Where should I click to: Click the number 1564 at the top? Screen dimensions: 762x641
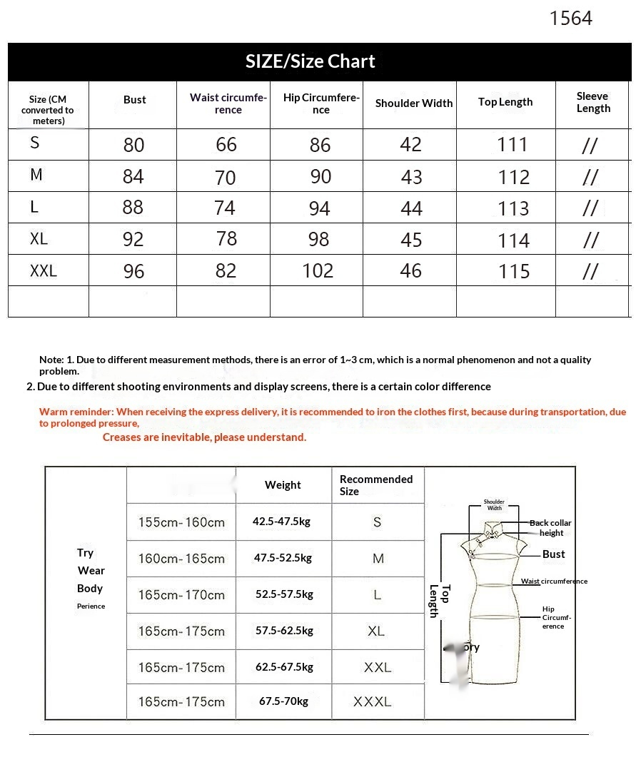570,19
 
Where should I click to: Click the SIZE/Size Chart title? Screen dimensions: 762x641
310,61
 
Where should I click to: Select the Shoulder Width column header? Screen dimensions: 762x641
413,103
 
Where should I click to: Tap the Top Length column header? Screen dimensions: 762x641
505,102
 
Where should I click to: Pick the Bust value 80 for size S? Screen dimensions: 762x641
133,145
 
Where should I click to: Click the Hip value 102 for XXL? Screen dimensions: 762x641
318,270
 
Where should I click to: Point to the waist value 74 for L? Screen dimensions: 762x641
225,208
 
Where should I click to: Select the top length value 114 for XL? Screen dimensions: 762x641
514,240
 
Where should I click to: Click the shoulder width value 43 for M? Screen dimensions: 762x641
411,177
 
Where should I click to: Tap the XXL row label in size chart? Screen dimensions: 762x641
44,271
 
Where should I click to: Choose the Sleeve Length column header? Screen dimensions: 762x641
592,102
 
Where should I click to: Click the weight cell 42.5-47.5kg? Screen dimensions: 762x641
281,522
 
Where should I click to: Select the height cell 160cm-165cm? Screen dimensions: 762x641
181,559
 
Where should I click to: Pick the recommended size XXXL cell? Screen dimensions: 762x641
373,702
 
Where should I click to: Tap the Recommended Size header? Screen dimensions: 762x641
375,485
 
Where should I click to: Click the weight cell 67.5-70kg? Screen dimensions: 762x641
283,701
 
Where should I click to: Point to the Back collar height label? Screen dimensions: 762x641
550,528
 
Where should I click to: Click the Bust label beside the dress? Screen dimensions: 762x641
553,554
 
